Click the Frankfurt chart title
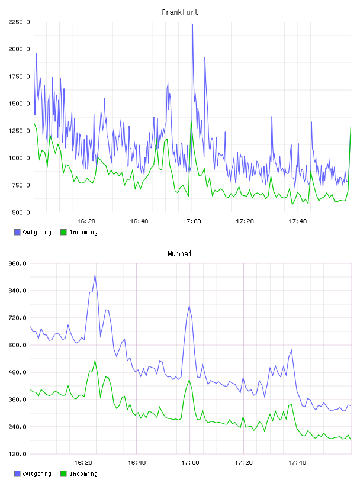pos(180,12)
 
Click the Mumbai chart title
pos(179,254)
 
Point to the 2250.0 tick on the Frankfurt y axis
pos(19,22)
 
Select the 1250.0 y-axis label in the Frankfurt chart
pos(19,131)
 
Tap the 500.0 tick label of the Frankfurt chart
pos(21,212)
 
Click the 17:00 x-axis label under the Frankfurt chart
pos(192,221)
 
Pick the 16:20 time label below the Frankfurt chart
pos(86,221)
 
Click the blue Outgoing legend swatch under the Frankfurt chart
pos(17,232)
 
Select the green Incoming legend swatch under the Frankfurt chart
pos(63,232)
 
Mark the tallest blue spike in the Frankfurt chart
pos(192,25)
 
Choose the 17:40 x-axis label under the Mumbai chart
pos(297,463)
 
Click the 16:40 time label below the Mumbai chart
pos(137,463)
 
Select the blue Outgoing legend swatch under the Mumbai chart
pos(17,474)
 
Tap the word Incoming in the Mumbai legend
pos(83,474)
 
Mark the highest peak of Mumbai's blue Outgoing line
pos(95,274)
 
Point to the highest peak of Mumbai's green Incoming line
pos(95,360)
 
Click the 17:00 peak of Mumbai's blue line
pos(189,305)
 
